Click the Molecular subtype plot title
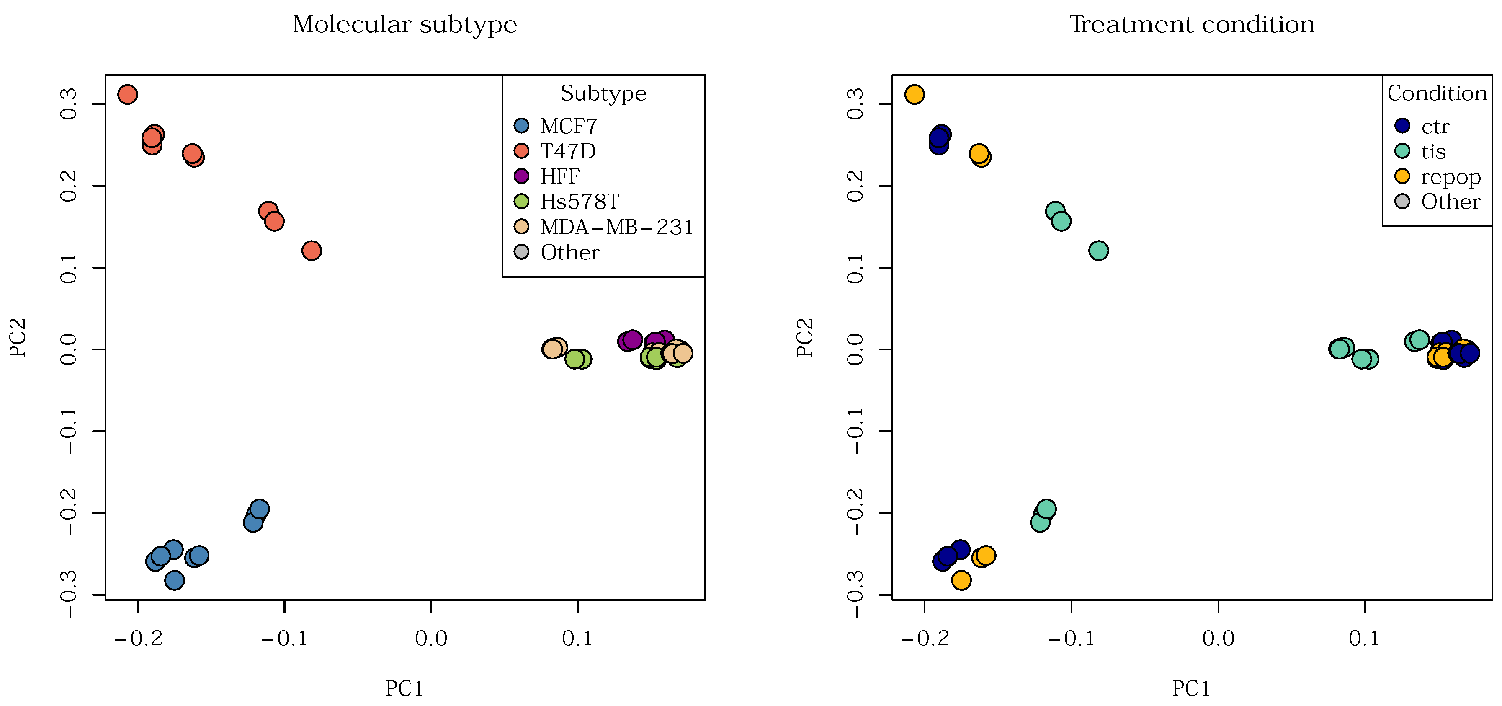tap(404, 24)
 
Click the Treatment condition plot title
tap(1191, 24)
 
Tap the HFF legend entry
tap(559, 176)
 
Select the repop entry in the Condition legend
tap(1450, 176)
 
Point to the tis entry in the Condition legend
tap(1432, 151)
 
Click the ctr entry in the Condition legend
tap(1434, 126)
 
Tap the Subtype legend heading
tap(603, 93)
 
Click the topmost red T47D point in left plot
tap(128, 94)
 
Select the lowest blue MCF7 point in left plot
tap(174, 580)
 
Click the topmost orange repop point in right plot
tap(914, 94)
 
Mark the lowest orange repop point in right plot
tap(961, 580)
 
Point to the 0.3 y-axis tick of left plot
tap(68, 104)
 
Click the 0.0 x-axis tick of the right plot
tap(1218, 638)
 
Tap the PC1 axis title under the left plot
tap(404, 688)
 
